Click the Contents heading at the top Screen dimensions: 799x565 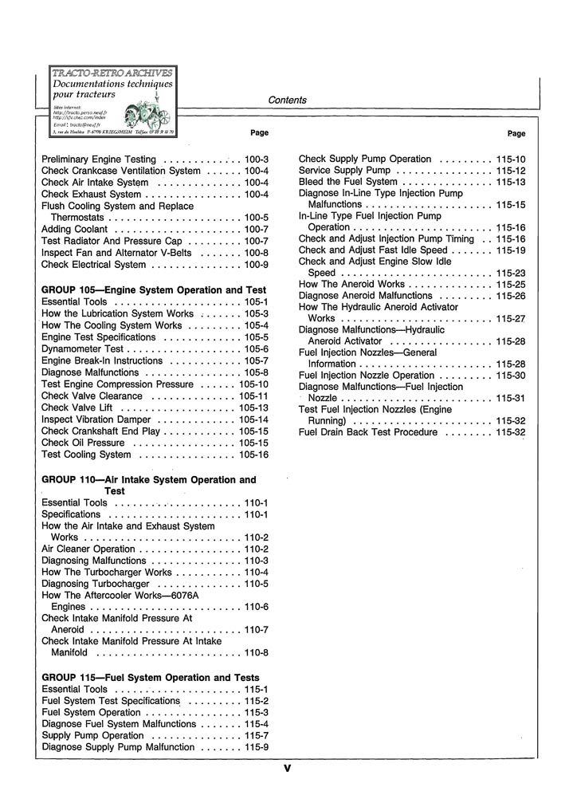287,100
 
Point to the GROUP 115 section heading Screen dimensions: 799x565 150,678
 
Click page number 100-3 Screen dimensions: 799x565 257,159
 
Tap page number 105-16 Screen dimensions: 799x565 253,455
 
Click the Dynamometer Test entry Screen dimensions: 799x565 82,349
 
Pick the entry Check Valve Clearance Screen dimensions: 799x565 92,396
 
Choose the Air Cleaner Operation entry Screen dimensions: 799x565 88,549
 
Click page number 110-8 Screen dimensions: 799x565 257,653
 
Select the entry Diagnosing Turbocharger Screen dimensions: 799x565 92,584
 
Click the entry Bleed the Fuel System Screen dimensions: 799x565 347,182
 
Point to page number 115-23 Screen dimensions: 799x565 511,273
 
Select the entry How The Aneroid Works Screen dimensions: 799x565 351,284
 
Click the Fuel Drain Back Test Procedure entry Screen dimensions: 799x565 368,432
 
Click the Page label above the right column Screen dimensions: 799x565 516,134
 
